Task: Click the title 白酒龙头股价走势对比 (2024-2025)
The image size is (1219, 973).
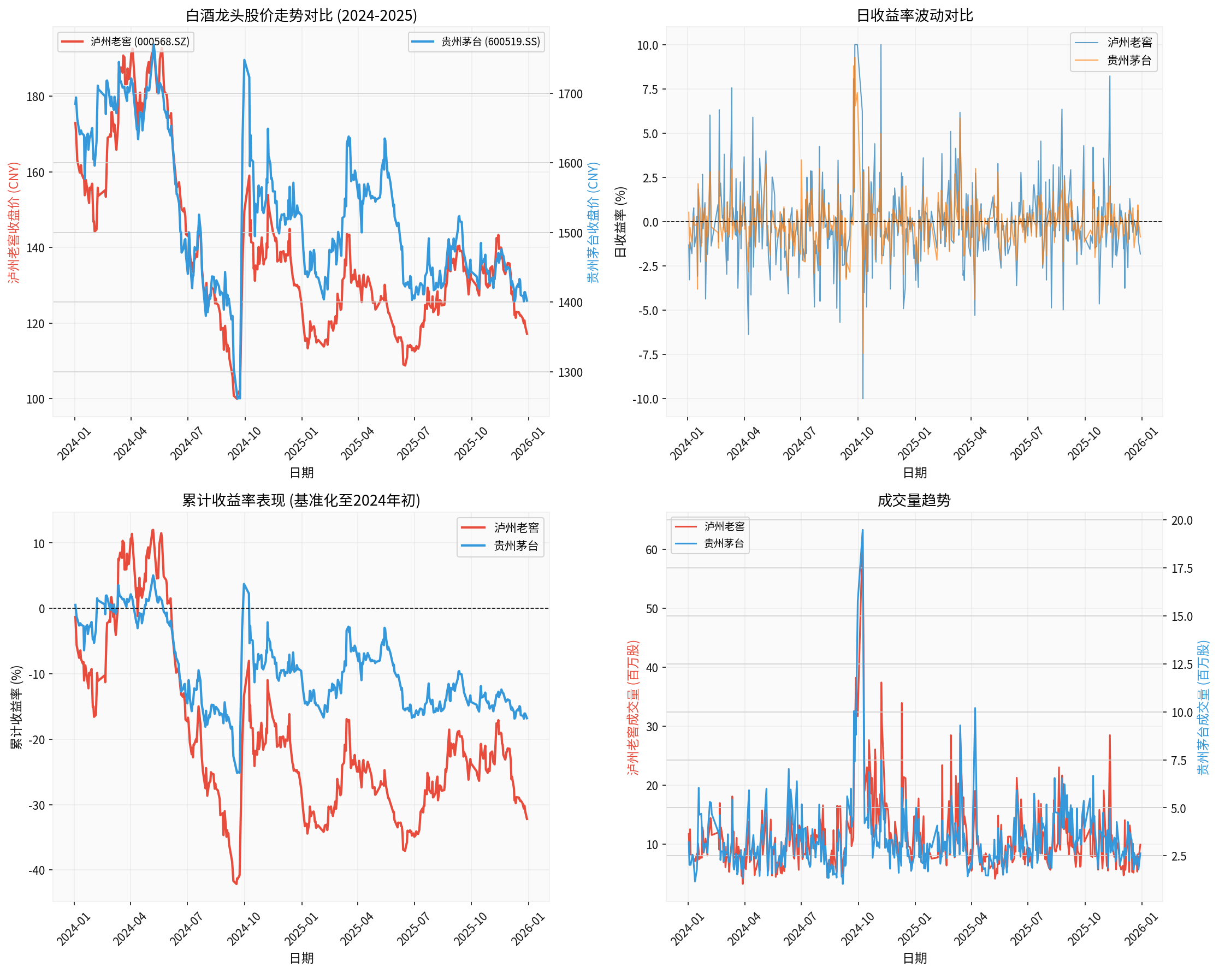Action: click(x=301, y=15)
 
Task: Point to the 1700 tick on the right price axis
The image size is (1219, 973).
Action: click(x=570, y=94)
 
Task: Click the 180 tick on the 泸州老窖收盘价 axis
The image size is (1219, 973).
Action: click(x=35, y=97)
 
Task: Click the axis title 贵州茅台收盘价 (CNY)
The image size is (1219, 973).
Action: click(x=592, y=222)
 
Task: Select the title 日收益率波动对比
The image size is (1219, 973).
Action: click(x=914, y=15)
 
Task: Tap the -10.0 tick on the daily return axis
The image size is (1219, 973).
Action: click(x=645, y=399)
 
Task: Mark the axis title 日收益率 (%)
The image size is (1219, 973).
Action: click(x=620, y=222)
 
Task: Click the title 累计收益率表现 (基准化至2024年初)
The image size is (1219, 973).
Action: click(x=301, y=500)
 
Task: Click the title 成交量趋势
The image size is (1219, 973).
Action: click(x=914, y=500)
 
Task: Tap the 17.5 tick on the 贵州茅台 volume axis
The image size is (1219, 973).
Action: click(x=1182, y=568)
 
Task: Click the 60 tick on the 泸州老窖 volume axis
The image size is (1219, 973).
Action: click(x=652, y=550)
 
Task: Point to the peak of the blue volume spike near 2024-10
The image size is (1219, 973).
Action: click(x=862, y=530)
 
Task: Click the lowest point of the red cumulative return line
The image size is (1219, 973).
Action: click(x=236, y=883)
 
